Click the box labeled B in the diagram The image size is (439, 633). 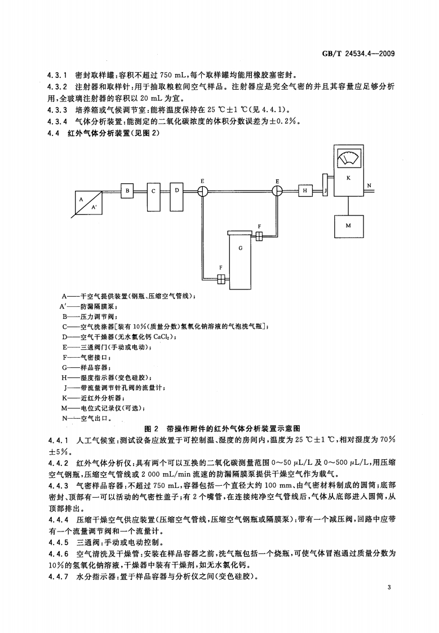[x=128, y=191]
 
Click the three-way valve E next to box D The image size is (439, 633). [x=202, y=191]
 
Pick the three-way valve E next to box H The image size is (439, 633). [x=277, y=191]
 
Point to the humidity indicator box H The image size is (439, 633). [x=305, y=191]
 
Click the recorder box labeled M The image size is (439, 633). [x=348, y=226]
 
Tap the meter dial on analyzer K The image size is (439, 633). [x=348, y=160]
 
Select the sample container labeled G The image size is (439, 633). [x=241, y=262]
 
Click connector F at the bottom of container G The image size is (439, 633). [x=221, y=278]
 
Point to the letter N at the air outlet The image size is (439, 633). [x=369, y=186]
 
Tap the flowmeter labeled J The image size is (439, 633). [x=325, y=191]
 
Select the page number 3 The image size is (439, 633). [x=389, y=588]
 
